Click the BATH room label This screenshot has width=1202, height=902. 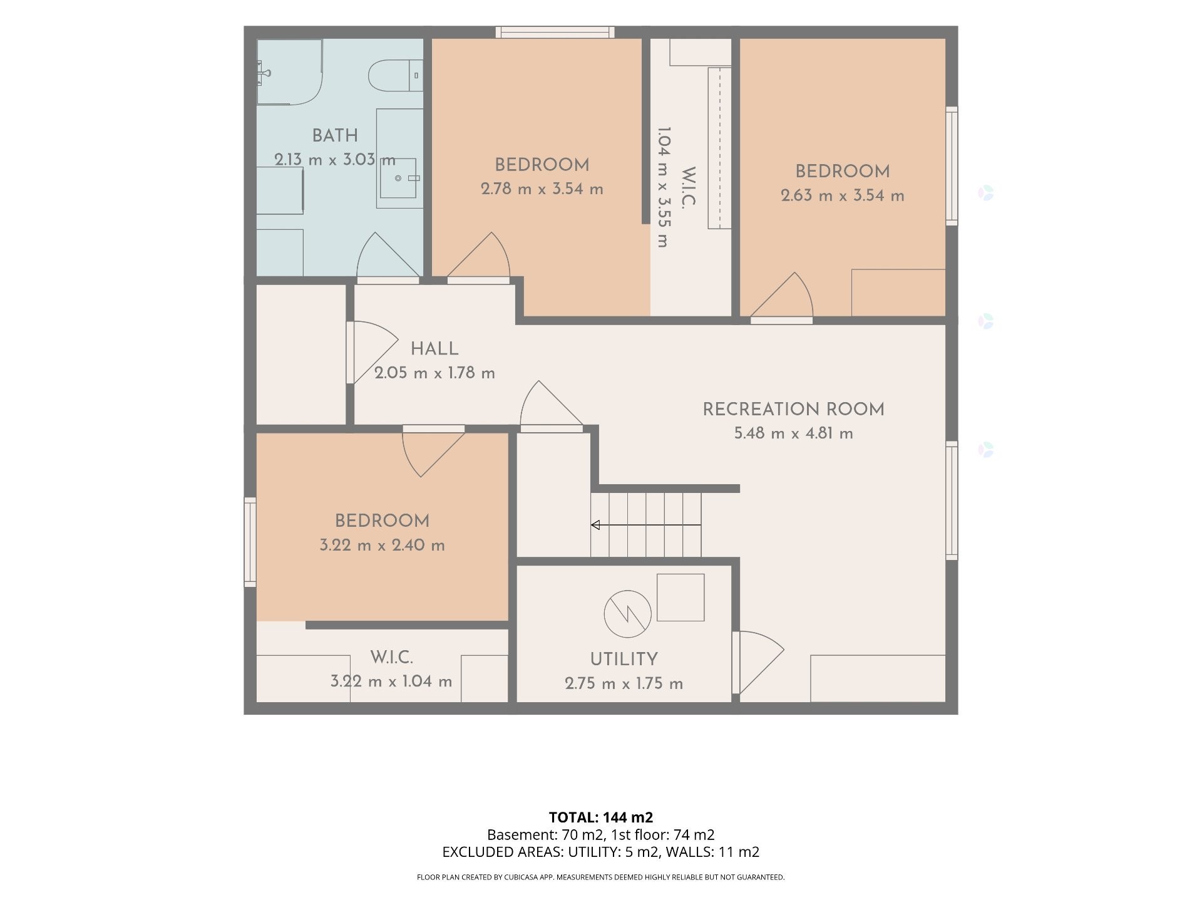[335, 135]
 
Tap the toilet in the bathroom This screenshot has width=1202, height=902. [395, 75]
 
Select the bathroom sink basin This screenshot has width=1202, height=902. [398, 178]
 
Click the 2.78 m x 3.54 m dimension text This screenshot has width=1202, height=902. [542, 189]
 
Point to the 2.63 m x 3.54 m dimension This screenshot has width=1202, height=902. [843, 195]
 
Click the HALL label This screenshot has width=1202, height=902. [434, 349]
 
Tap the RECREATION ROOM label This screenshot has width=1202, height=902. [794, 410]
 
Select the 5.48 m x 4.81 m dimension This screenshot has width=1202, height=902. [794, 433]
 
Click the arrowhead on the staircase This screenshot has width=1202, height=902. [595, 525]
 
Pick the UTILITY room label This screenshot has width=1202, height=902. [624, 659]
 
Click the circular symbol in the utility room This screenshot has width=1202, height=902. [627, 614]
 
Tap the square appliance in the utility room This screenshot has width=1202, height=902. [681, 598]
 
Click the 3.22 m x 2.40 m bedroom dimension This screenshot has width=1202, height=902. [383, 545]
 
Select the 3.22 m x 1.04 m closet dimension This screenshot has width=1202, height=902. [391, 681]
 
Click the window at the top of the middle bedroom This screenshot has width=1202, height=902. [555, 32]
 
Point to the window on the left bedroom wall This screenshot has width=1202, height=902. [250, 542]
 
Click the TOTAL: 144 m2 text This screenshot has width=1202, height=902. [601, 817]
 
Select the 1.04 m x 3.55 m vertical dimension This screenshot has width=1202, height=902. [664, 187]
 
